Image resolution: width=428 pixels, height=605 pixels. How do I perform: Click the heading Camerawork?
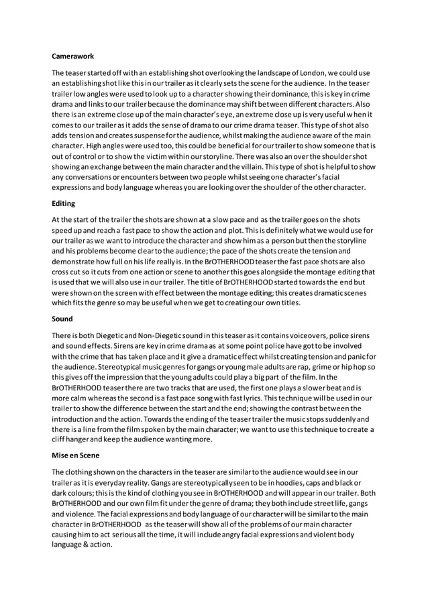[x=73, y=58]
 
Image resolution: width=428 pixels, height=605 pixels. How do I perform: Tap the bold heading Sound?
[x=62, y=320]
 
